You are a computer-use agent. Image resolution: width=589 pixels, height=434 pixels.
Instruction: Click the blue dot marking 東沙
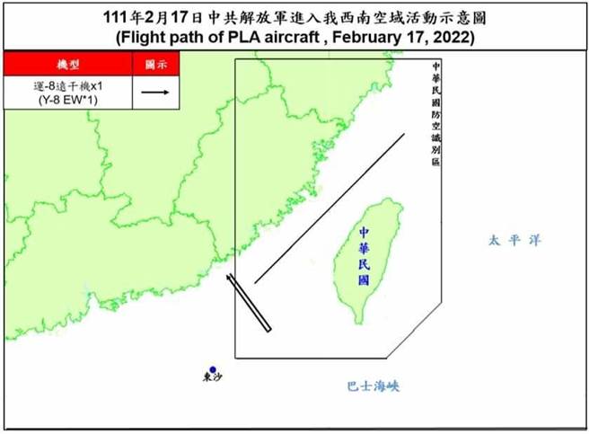click(x=212, y=369)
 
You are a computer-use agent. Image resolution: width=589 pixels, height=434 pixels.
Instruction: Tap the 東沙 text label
click(x=211, y=381)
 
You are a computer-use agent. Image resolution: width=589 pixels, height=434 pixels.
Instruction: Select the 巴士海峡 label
click(x=372, y=386)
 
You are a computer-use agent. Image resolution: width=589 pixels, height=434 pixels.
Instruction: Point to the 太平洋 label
click(x=515, y=241)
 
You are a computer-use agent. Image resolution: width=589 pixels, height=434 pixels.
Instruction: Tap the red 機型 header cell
click(x=68, y=65)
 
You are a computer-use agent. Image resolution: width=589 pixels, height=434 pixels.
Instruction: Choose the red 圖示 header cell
click(x=155, y=65)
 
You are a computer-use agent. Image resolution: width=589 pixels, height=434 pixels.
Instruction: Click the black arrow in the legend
click(x=155, y=92)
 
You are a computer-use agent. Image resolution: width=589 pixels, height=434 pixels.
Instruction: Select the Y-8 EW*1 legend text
click(x=68, y=101)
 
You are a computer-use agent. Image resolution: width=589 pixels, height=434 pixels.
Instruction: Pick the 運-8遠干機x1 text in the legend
click(x=68, y=86)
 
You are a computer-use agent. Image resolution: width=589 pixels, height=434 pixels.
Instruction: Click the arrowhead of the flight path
click(x=229, y=279)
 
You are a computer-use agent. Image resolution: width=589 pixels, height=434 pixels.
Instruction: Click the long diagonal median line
click(x=330, y=208)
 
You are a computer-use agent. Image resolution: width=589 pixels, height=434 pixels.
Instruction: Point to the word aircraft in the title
click(x=291, y=40)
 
